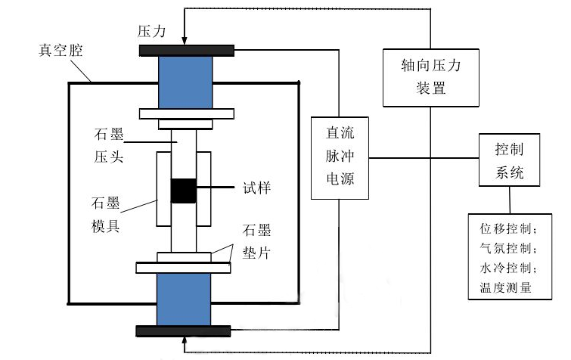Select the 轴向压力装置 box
430,78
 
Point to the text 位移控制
508,229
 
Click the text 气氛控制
508,249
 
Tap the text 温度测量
505,287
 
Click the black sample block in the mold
183,191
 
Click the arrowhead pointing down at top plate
184,40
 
